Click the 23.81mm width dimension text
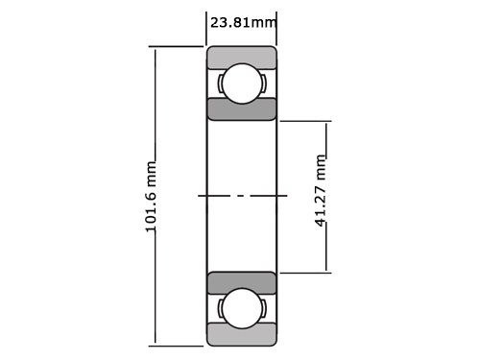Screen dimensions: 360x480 pos(242,20)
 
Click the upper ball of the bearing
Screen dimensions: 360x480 pos(242,83)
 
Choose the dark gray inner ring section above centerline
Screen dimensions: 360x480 pos(242,108)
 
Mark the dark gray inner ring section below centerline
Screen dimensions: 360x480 pos(242,282)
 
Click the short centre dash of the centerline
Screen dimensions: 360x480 pos(241,196)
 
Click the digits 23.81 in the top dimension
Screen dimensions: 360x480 pos(233,20)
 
